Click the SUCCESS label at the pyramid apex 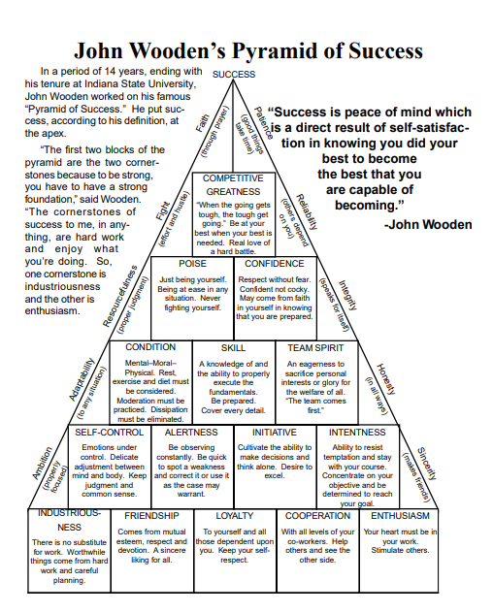pyautogui.click(x=234, y=75)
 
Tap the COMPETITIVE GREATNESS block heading pyautogui.click(x=233, y=185)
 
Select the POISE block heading pyautogui.click(x=192, y=264)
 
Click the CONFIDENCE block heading pyautogui.click(x=275, y=264)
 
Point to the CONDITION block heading pyautogui.click(x=150, y=347)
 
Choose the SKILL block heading pyautogui.click(x=233, y=348)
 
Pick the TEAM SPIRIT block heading pyautogui.click(x=315, y=348)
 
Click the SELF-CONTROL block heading pyautogui.click(x=110, y=432)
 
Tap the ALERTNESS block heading pyautogui.click(x=191, y=432)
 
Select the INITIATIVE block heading pyautogui.click(x=275, y=432)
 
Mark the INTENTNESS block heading pyautogui.click(x=357, y=432)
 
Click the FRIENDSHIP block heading pyautogui.click(x=151, y=516)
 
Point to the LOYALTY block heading pyautogui.click(x=235, y=516)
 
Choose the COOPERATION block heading pyautogui.click(x=317, y=516)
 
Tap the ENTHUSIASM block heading pyautogui.click(x=400, y=516)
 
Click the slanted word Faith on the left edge pyautogui.click(x=203, y=123)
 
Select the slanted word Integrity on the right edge pyautogui.click(x=347, y=295)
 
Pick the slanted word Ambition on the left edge pyautogui.click(x=42, y=464)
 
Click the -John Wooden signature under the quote pyautogui.click(x=428, y=224)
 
